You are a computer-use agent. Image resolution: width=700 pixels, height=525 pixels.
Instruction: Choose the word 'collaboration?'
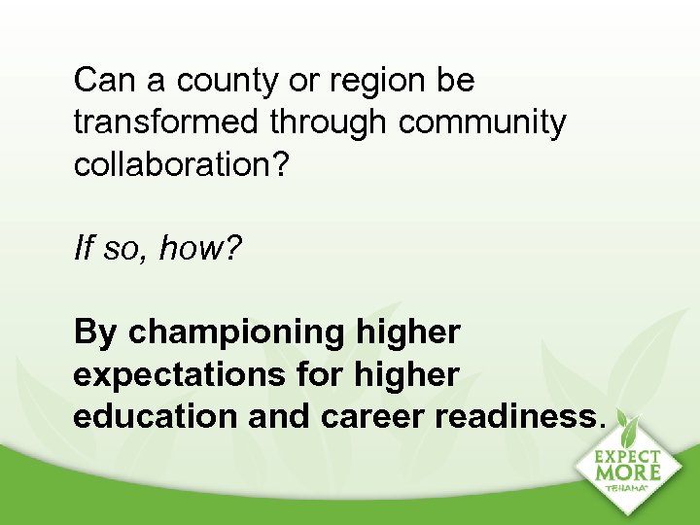tap(181, 165)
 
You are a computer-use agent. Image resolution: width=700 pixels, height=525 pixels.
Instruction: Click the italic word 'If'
tap(83, 250)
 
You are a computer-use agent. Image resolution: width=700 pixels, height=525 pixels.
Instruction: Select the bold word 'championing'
tap(235, 333)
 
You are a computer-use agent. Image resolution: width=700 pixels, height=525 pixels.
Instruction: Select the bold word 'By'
tap(95, 333)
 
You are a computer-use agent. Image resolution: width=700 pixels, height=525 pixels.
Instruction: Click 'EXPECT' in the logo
tap(627, 456)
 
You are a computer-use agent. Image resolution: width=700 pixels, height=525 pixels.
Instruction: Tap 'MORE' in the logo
tap(627, 473)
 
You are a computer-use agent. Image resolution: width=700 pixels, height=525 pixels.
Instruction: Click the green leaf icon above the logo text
tap(629, 432)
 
